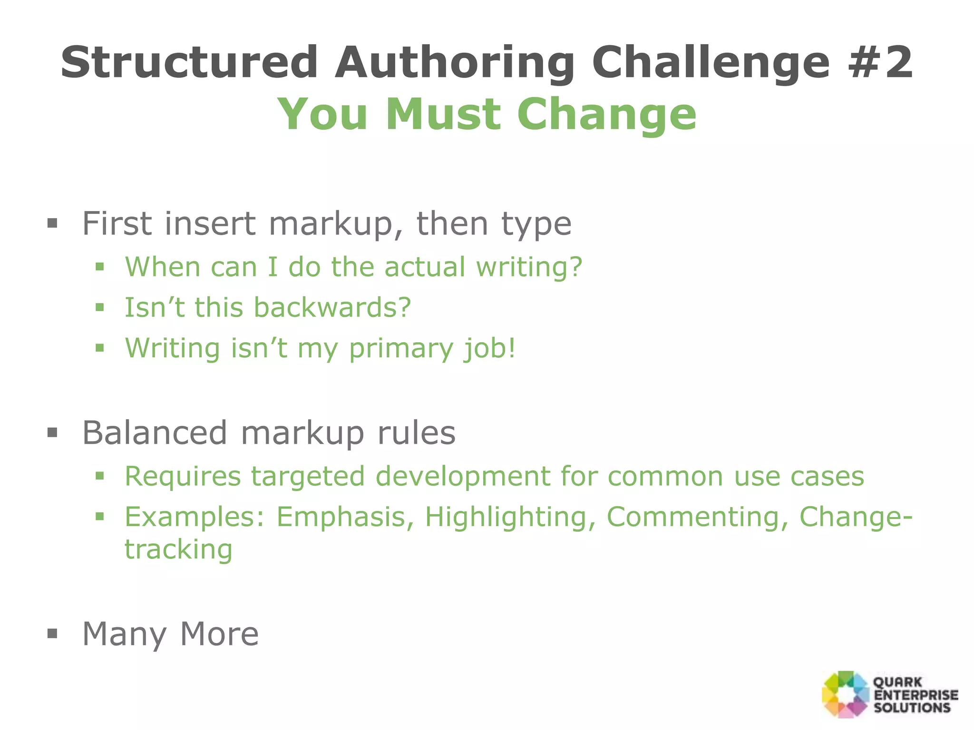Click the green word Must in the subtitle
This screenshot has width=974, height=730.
coord(443,114)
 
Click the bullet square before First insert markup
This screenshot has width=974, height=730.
coord(52,223)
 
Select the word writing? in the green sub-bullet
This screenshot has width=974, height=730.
coord(529,267)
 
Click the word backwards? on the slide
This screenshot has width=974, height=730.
coord(332,307)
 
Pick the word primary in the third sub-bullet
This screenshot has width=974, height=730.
coord(400,348)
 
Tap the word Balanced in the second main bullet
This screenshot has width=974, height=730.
coord(155,433)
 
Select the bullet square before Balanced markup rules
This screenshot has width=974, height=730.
coord(52,433)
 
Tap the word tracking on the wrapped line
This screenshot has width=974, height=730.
coord(178,550)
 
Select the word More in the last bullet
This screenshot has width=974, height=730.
coord(219,634)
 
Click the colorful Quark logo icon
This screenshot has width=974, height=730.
coord(845,694)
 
